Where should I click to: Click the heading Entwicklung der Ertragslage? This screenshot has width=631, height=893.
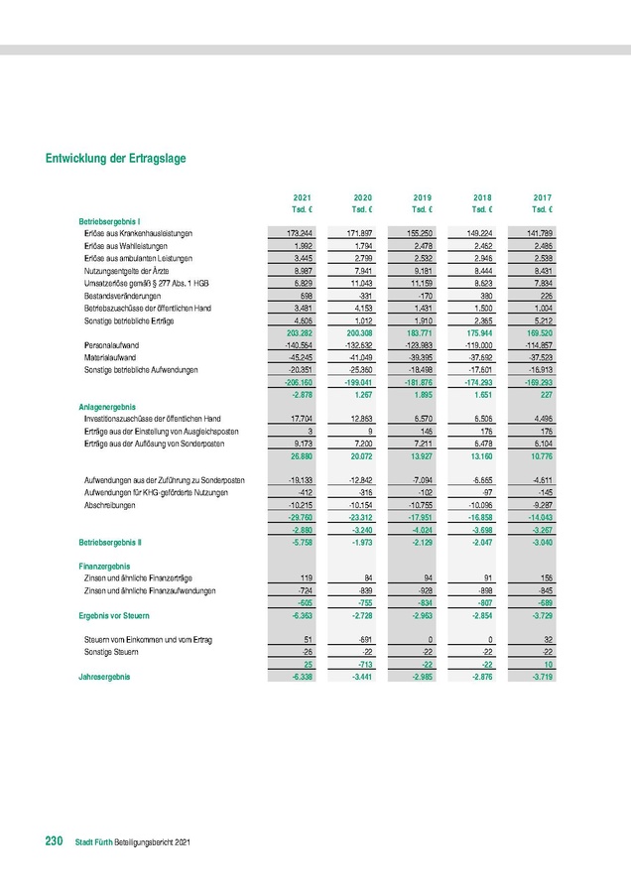115,158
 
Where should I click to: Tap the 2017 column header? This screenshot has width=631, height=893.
543,198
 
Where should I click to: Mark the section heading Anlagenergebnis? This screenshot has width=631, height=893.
107,406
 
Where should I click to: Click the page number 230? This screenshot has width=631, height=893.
55,841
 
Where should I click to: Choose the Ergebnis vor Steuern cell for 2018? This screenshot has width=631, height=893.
480,615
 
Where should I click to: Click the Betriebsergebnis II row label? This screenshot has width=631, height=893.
110,543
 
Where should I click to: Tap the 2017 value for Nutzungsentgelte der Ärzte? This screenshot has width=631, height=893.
540,270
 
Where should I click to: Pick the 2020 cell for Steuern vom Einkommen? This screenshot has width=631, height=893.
359,639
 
